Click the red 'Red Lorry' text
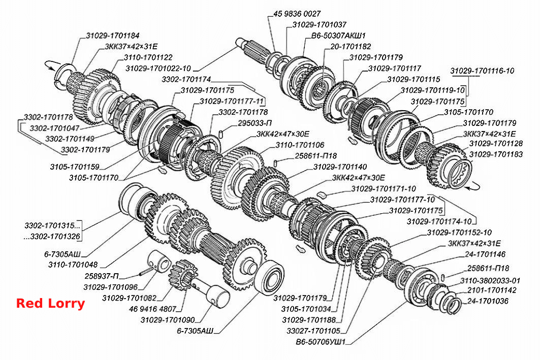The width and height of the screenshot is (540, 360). tap(50, 304)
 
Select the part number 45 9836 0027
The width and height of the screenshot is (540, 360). tap(297, 14)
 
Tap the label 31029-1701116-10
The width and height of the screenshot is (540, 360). tap(482, 71)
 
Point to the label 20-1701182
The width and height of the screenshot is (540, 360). tap(351, 47)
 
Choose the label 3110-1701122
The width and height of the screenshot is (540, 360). tap(148, 57)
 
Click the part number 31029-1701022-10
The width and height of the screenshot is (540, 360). tap(158, 69)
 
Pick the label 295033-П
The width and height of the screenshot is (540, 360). tap(255, 123)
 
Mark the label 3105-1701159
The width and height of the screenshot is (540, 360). tap(75, 167)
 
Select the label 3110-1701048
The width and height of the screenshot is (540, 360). tap(73, 265)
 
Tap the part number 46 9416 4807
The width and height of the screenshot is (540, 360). tap(152, 309)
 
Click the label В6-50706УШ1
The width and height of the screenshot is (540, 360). tap(321, 342)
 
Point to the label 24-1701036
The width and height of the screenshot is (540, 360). tap(488, 301)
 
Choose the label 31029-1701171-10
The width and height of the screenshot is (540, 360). tap(384, 188)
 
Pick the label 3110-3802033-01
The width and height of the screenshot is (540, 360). tap(490, 280)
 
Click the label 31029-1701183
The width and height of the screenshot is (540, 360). tap(496, 154)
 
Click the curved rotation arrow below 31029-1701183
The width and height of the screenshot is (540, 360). tap(472, 187)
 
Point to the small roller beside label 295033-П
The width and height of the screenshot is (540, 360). tap(221, 134)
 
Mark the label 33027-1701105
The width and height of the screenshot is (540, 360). tap(313, 331)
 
